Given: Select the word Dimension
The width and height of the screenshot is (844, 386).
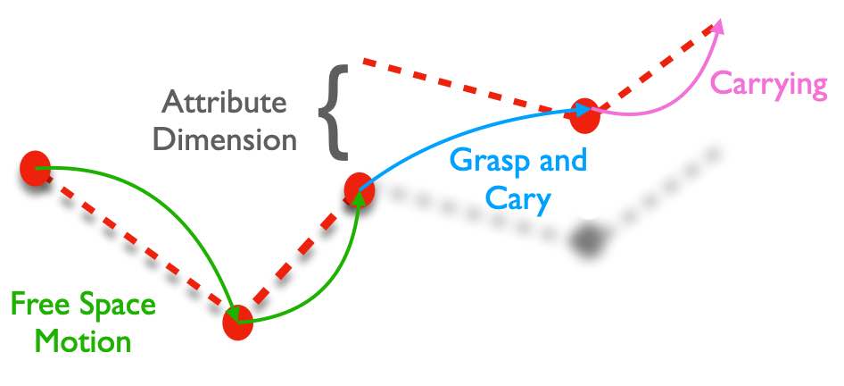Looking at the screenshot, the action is tap(225, 140).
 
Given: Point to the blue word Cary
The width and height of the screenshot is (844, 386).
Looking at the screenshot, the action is tap(517, 199).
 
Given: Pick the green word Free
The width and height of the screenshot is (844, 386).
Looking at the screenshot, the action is tap(40, 305).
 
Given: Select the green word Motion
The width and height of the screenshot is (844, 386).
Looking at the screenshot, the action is tap(84, 341).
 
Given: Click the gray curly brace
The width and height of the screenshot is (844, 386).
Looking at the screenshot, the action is tap(334, 113).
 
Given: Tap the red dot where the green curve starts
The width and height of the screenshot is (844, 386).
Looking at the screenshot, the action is tap(35, 168).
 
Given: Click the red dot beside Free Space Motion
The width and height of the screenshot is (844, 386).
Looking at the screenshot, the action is tap(238, 323).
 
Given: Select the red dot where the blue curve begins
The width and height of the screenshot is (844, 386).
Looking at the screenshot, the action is tap(359, 191).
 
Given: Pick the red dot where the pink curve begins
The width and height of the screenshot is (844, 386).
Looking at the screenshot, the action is tap(584, 115).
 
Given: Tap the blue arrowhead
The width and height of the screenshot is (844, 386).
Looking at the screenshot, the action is tap(583, 109).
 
